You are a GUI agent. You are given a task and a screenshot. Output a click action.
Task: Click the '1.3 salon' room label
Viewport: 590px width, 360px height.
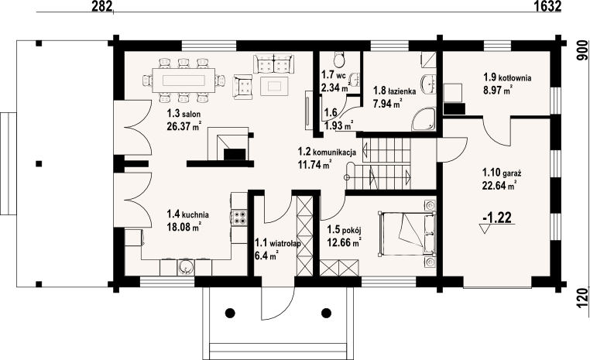[x=184, y=114]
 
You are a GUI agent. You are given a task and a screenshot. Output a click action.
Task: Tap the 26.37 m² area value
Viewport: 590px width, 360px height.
[x=184, y=126]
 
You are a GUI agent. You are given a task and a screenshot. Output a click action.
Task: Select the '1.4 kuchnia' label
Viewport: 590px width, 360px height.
[x=187, y=214]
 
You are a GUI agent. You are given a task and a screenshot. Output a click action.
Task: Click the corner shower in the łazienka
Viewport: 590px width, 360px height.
[x=424, y=119]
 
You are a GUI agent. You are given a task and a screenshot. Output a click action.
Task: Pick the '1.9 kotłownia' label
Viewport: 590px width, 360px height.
[x=507, y=78]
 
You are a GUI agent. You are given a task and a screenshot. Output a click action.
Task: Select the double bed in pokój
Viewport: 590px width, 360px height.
[x=406, y=233]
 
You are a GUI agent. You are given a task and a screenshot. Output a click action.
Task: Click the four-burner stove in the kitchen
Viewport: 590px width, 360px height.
[x=239, y=218]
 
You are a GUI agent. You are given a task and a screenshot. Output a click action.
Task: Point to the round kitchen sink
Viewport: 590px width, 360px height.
[x=185, y=266]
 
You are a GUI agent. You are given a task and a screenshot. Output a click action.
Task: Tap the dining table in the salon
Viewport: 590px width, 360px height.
[x=184, y=80]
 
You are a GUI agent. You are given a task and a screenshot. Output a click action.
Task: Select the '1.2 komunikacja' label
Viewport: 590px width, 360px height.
[x=327, y=152]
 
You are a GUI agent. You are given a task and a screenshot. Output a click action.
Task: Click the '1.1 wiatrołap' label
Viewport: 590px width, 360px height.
[x=278, y=243]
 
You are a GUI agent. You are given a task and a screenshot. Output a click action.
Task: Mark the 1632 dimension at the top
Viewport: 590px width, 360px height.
[x=547, y=5]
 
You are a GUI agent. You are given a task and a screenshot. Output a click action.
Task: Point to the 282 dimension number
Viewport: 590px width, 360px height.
[x=102, y=5]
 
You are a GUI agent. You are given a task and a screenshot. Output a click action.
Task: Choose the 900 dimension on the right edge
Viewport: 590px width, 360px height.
[x=582, y=50]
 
